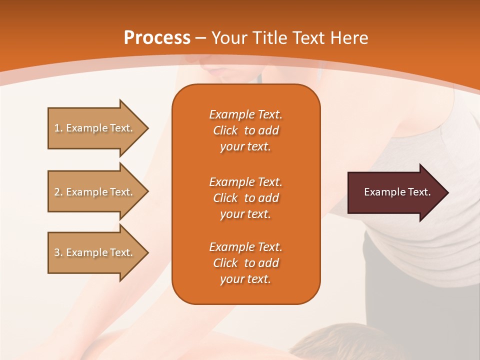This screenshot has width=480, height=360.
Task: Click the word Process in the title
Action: [157, 37]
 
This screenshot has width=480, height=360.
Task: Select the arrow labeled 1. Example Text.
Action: [95, 128]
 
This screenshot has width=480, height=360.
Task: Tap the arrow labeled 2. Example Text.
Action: [95, 192]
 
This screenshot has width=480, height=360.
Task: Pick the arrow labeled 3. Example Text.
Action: [95, 252]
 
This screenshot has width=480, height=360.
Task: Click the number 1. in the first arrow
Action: [58, 128]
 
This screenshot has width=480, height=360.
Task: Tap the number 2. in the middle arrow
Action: [58, 192]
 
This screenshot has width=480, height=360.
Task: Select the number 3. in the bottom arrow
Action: [58, 252]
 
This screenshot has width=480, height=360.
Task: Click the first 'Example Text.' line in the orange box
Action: [245, 114]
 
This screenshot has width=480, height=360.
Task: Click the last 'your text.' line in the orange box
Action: [245, 279]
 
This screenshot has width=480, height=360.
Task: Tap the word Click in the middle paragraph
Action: [225, 198]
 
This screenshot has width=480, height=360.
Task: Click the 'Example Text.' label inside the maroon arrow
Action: [397, 192]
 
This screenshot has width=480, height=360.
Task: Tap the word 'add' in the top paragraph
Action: [268, 130]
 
